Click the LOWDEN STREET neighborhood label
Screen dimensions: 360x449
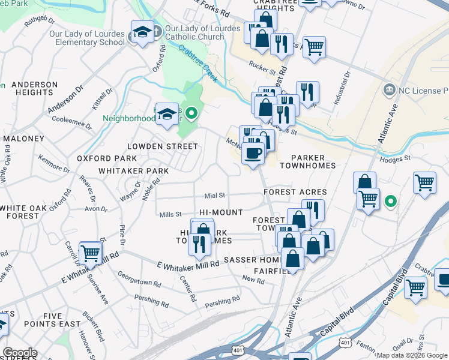coord(162,146)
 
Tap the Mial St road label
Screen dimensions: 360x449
coord(214,196)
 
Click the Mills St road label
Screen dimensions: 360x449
coord(170,215)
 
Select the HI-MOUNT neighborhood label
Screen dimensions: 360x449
coord(221,212)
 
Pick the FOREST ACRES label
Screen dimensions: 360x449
coord(295,192)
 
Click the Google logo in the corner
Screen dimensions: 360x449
coord(20,353)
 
